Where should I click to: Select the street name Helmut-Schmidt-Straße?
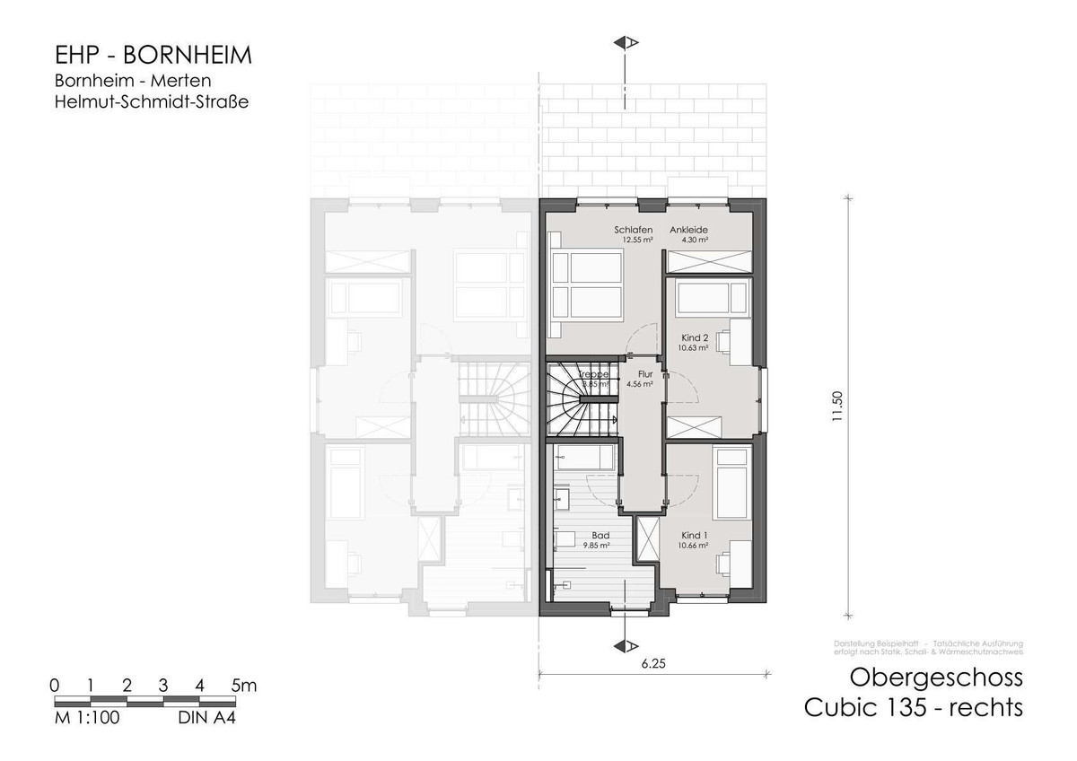(x=151, y=102)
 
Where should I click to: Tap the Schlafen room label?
(x=633, y=230)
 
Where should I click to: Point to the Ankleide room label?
(x=689, y=230)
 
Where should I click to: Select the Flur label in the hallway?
(x=644, y=374)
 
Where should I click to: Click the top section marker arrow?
(x=626, y=42)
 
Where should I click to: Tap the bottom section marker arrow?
(x=626, y=647)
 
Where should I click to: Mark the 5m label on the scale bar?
(x=243, y=686)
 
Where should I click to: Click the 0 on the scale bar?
(x=55, y=686)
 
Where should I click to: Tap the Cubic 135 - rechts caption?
(x=913, y=708)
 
